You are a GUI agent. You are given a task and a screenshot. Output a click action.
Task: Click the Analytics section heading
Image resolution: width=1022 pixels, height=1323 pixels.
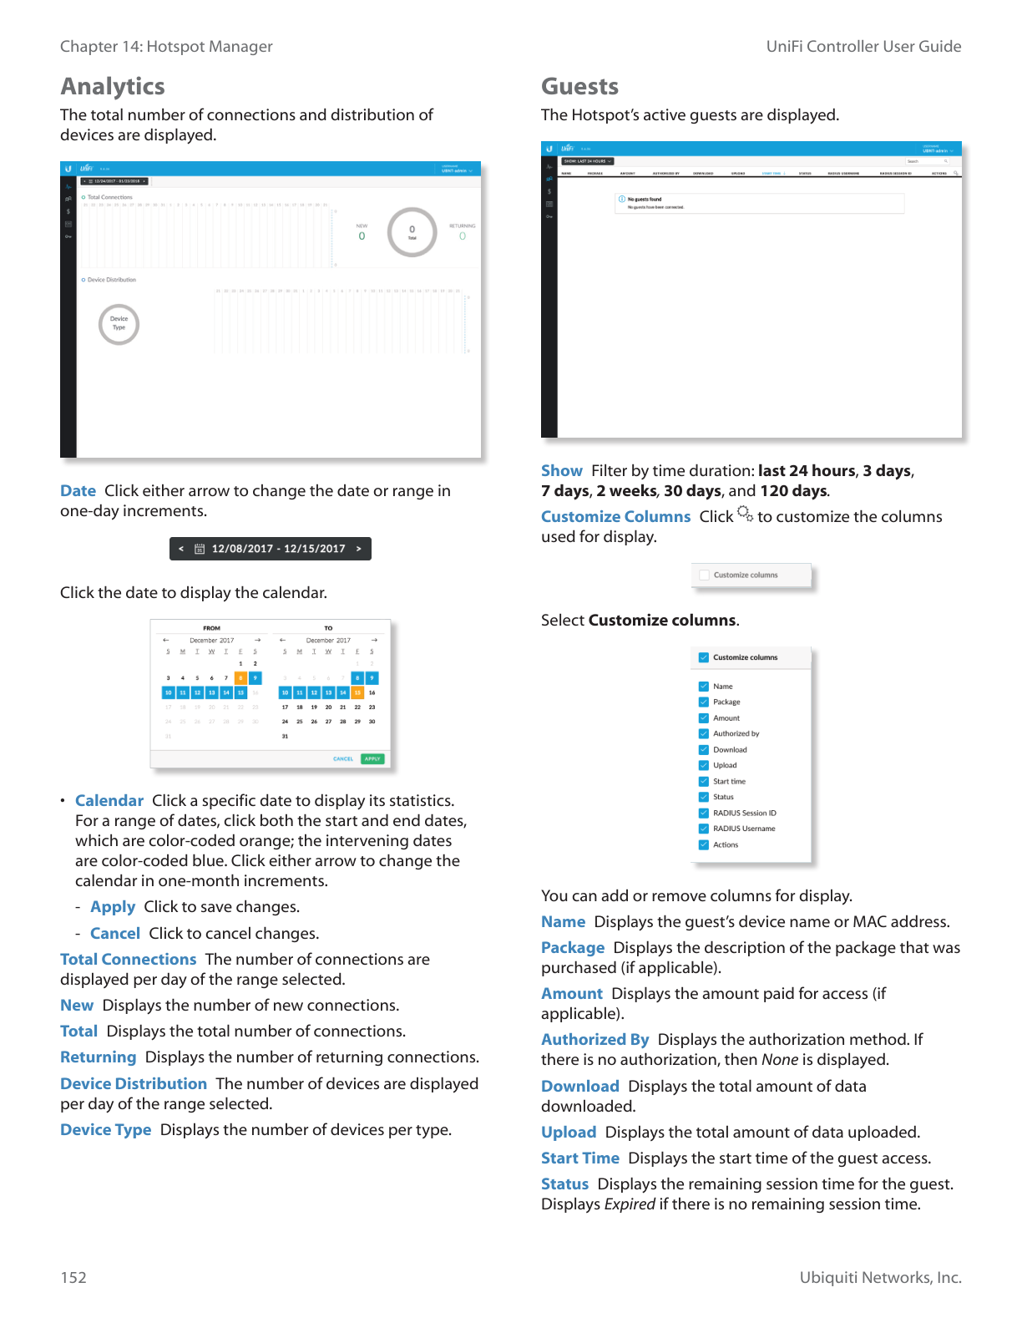(x=113, y=87)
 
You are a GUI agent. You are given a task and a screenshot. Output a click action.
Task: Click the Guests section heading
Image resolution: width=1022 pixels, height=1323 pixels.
(x=579, y=87)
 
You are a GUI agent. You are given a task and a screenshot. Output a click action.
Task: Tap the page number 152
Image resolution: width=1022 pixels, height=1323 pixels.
(x=73, y=1277)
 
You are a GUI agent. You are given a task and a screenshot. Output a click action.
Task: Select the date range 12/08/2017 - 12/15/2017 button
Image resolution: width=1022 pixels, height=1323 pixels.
(x=271, y=549)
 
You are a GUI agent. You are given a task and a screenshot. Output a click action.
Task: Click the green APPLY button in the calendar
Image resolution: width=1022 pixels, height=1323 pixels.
(x=372, y=759)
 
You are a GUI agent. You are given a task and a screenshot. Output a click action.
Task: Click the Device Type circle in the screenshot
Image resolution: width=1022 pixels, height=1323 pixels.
(x=119, y=324)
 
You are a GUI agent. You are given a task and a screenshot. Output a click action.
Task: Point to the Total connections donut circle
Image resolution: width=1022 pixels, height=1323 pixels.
(x=412, y=232)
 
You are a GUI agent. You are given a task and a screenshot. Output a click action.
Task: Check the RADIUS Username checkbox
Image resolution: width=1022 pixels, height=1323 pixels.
(x=704, y=829)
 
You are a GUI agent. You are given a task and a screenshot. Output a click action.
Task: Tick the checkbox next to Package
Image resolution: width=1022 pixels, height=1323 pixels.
(x=704, y=702)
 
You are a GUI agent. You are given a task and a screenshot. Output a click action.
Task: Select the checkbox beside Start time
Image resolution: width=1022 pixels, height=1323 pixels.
(x=704, y=781)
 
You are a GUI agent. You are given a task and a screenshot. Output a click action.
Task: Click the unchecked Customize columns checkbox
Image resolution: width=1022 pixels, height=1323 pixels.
(x=705, y=575)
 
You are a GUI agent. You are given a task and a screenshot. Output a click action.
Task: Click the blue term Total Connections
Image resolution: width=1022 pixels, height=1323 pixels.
(x=128, y=960)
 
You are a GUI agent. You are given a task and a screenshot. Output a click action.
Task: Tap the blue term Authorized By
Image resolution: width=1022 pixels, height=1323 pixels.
(x=594, y=1040)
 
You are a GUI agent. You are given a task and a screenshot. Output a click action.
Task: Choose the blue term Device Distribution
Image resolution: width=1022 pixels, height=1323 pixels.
(x=134, y=1084)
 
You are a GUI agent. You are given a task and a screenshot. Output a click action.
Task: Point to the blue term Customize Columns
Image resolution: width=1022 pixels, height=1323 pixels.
(x=615, y=517)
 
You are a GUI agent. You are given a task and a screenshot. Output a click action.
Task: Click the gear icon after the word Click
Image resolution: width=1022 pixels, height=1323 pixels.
(x=745, y=514)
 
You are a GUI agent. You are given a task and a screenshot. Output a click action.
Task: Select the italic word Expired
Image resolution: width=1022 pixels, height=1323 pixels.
(x=630, y=1204)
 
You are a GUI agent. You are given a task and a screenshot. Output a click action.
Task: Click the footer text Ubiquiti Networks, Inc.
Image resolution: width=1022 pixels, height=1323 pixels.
(x=880, y=1277)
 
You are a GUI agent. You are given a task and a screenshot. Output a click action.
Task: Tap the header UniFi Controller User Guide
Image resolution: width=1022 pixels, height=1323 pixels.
(x=863, y=47)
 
